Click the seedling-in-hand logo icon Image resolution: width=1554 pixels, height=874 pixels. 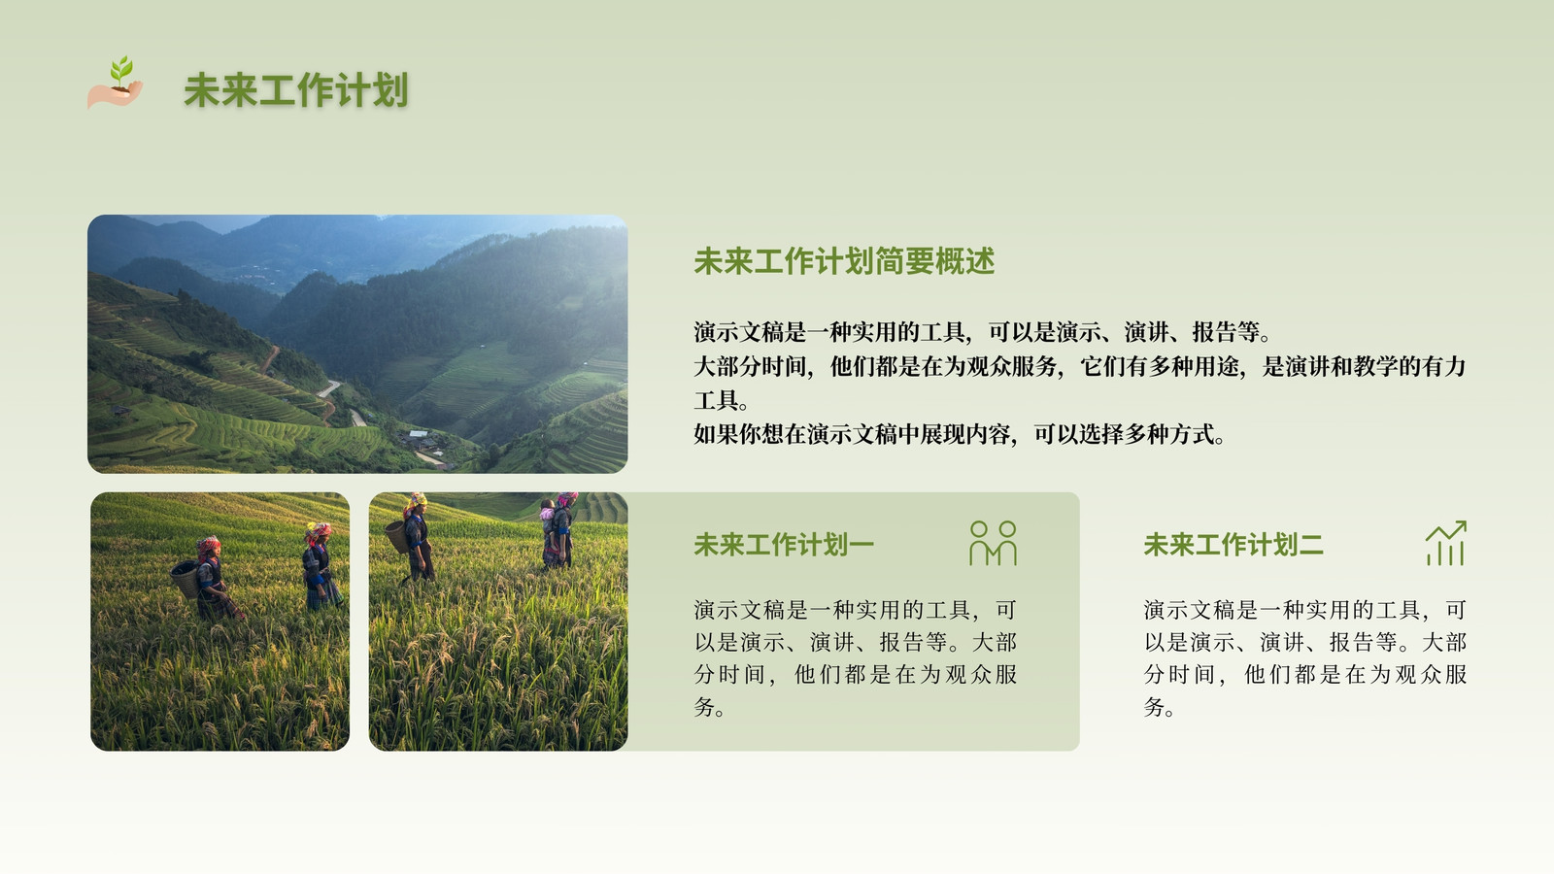pyautogui.click(x=116, y=83)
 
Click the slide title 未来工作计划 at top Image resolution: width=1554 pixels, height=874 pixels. pyautogui.click(x=296, y=90)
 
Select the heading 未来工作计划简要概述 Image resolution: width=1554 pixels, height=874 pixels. pyautogui.click(x=844, y=261)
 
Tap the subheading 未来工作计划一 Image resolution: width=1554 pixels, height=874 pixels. pyautogui.click(x=784, y=545)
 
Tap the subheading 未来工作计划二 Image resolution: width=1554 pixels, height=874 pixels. pyautogui.click(x=1233, y=545)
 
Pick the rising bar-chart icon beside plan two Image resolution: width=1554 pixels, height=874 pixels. pyautogui.click(x=1446, y=543)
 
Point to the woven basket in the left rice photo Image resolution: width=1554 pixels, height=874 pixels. pyautogui.click(x=185, y=579)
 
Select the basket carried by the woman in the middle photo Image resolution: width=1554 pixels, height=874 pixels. pyautogui.click(x=397, y=537)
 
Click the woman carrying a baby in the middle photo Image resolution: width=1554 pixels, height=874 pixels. pyautogui.click(x=558, y=530)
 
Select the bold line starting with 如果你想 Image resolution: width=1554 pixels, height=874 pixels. pyautogui.click(x=960, y=434)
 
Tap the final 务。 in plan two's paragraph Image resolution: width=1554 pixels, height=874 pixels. pyautogui.click(x=1160, y=707)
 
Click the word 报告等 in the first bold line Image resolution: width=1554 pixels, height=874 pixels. pyautogui.click(x=1226, y=332)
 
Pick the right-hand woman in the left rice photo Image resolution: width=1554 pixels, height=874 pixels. pyautogui.click(x=321, y=567)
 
